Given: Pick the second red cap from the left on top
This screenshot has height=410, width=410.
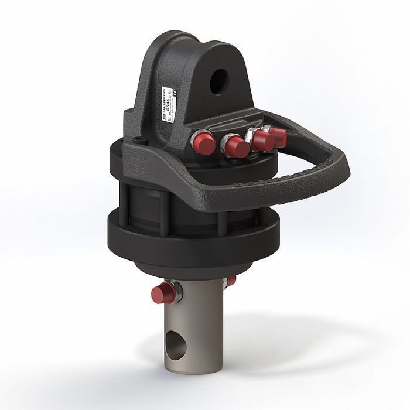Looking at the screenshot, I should pos(236,146).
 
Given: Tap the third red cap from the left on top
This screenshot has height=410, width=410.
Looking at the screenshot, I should pos(262,141).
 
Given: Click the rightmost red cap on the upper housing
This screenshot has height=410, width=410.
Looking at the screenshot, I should pos(278,136).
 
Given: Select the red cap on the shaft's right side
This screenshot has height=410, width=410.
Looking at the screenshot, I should pos(231,281).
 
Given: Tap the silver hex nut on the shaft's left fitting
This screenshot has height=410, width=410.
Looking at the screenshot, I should pos(175,291).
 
